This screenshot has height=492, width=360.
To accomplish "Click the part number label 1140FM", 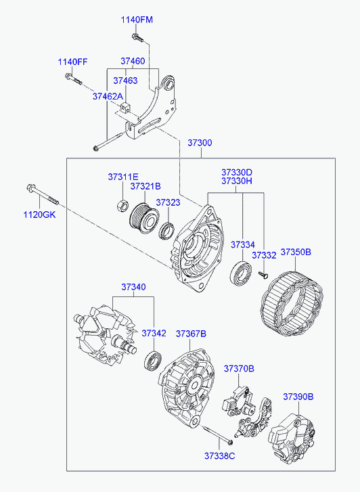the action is [x=137, y=20].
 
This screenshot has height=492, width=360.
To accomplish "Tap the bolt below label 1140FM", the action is [x=137, y=38].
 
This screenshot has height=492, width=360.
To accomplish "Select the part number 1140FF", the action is [x=72, y=62].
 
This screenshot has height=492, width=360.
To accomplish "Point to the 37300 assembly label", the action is [x=200, y=143].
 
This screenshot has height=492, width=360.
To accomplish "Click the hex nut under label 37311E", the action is [x=122, y=206].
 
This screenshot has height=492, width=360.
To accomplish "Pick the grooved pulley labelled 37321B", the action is [x=144, y=219].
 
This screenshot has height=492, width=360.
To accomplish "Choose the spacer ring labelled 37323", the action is [x=166, y=231].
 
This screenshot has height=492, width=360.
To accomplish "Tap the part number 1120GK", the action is [x=39, y=215].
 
